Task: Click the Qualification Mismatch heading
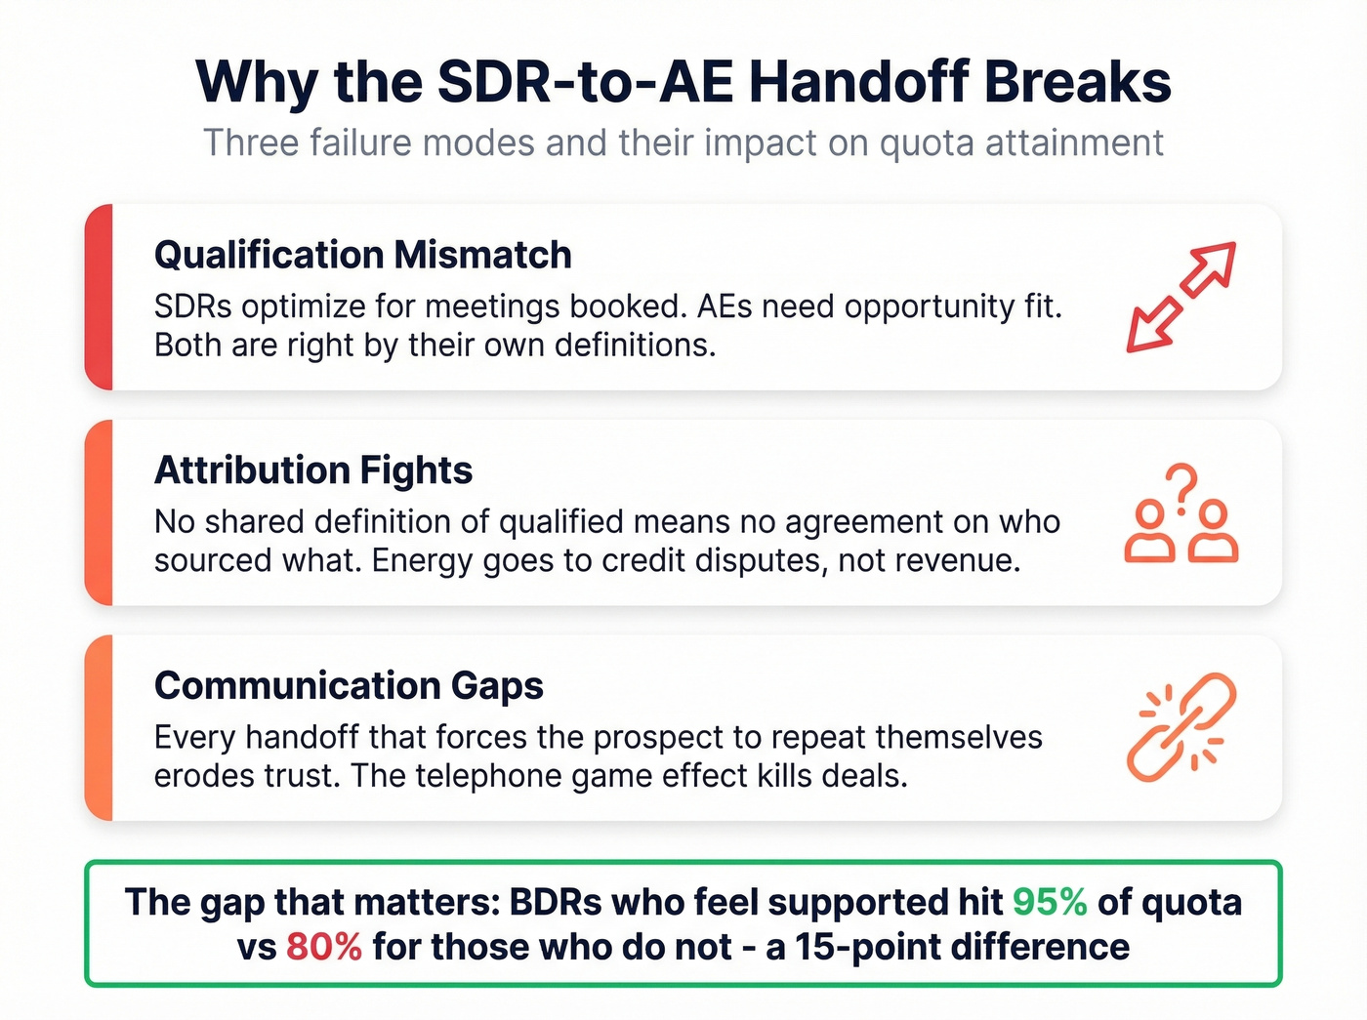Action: tap(363, 255)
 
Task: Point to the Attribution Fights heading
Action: tap(313, 470)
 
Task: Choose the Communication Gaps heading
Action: tap(349, 685)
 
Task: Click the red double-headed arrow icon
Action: tap(1181, 297)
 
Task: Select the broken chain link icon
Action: tap(1181, 727)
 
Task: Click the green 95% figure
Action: tap(1050, 902)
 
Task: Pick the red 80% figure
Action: tap(324, 947)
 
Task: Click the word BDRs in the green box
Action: tap(556, 902)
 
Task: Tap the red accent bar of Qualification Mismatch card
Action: tap(99, 297)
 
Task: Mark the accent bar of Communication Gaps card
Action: tap(99, 727)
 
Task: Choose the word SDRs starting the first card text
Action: tap(192, 306)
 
